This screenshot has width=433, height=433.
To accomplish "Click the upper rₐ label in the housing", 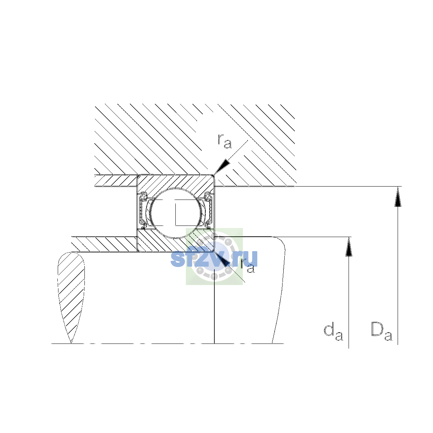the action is point(224,141).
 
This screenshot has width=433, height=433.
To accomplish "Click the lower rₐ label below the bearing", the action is point(247,266).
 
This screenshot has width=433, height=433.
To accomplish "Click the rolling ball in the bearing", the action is point(176,213).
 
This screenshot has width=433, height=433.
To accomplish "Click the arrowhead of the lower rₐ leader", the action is point(222,259).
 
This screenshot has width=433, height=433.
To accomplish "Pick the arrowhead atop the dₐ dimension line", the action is point(349,247).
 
